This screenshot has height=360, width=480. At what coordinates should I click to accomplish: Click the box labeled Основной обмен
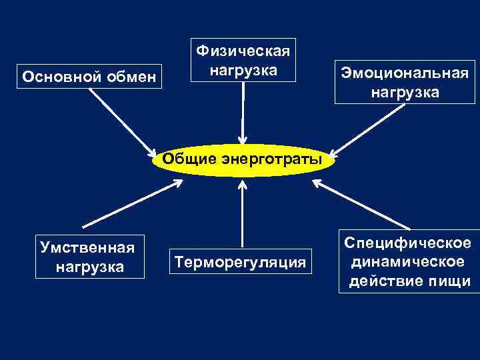coord(89,77)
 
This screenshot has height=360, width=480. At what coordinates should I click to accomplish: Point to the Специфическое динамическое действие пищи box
coord(409,261)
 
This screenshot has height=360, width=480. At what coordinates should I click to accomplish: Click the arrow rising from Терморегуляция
coord(242,213)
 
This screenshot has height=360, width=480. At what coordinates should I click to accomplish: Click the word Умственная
coord(87,248)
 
